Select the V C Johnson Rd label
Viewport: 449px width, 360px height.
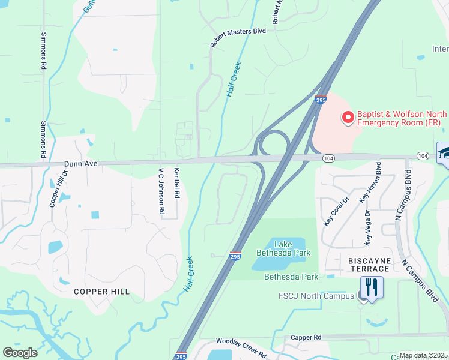pyautogui.click(x=161, y=191)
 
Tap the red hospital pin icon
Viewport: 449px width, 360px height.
pyautogui.click(x=348, y=118)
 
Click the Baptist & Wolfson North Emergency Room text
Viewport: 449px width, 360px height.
pyautogui.click(x=399, y=118)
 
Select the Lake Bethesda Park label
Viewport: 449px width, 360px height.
pyautogui.click(x=292, y=248)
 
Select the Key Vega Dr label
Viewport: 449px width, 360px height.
pyautogui.click(x=367, y=228)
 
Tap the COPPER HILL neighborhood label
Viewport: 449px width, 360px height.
pyautogui.click(x=101, y=292)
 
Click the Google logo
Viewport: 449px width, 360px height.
pyautogui.click(x=20, y=352)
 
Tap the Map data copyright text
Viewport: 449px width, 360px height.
pyautogui.click(x=423, y=355)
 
